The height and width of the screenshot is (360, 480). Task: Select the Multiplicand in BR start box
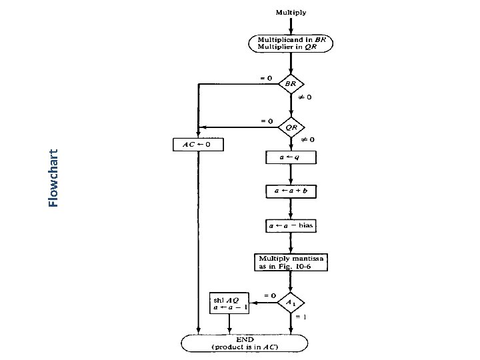pyautogui.click(x=291, y=44)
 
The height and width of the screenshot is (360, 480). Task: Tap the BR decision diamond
pyautogui.click(x=291, y=84)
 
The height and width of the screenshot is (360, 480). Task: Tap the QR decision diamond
pyautogui.click(x=291, y=127)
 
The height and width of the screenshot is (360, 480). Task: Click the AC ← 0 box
pyautogui.click(x=198, y=144)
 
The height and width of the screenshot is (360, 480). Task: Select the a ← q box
pyautogui.click(x=291, y=158)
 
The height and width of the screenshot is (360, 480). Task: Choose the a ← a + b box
pyautogui.click(x=291, y=191)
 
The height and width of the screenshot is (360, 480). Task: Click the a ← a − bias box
pyautogui.click(x=291, y=226)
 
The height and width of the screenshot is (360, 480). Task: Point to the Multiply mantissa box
pyautogui.click(x=291, y=262)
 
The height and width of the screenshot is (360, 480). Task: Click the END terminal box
pyautogui.click(x=245, y=343)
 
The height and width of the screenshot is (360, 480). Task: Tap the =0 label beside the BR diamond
pyautogui.click(x=265, y=77)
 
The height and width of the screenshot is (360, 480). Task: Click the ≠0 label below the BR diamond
pyautogui.click(x=305, y=97)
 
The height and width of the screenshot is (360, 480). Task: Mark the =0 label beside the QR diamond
pyautogui.click(x=265, y=121)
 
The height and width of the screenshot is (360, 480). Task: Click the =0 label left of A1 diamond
pyautogui.click(x=269, y=295)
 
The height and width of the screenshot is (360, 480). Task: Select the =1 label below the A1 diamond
pyautogui.click(x=301, y=317)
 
